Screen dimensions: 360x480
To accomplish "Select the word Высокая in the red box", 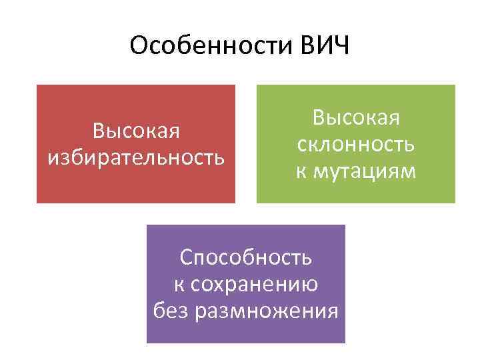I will (136, 129).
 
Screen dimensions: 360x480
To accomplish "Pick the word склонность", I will (356, 145).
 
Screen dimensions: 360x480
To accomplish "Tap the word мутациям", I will (365, 172).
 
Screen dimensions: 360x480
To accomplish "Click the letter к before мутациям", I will (301, 172).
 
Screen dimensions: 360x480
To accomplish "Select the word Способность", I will (246, 257).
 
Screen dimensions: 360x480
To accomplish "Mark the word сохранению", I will (255, 285).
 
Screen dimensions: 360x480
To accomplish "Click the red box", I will (136, 187).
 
